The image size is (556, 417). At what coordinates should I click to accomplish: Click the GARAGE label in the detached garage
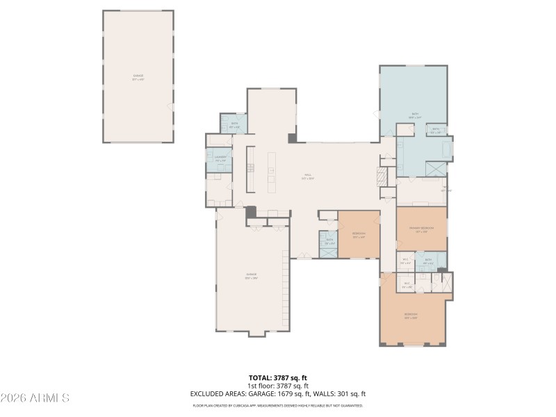(138, 78)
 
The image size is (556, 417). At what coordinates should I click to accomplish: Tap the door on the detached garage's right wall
(172, 106)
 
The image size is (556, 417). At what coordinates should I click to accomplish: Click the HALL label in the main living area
(307, 177)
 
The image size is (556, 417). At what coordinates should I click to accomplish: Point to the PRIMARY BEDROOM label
(421, 229)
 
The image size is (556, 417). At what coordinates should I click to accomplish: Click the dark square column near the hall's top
(293, 138)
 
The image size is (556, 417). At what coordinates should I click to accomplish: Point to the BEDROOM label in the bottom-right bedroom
(411, 316)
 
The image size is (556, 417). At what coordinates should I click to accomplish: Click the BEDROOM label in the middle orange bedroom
(359, 235)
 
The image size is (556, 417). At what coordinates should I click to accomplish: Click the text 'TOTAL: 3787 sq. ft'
(278, 378)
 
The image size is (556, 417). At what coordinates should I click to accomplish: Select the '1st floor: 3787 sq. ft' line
(278, 386)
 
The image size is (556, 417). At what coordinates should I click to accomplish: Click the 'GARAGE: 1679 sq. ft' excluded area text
(288, 394)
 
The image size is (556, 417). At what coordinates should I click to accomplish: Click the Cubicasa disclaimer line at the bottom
(278, 405)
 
